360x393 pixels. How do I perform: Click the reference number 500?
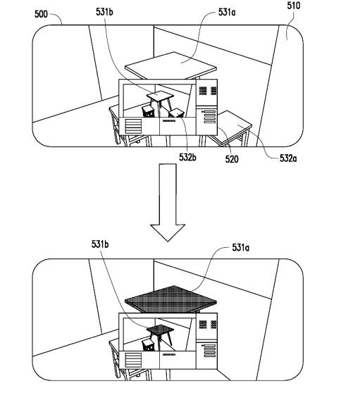coord(41,14)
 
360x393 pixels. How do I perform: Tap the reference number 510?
coord(294,6)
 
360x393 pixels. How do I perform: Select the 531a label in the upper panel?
coord(227,12)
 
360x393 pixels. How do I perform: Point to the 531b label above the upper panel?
coord(104,12)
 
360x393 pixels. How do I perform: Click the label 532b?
coord(187,157)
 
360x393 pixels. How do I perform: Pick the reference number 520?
coord(232,159)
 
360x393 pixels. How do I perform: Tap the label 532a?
coord(288,158)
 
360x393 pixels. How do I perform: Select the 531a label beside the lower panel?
coord(240,248)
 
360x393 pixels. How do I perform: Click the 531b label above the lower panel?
coord(100,244)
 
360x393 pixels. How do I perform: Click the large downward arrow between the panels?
coord(168,202)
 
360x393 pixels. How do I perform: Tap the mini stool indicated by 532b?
coord(177,113)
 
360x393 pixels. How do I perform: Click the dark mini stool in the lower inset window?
coord(149,344)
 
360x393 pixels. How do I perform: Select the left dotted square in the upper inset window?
coord(203,90)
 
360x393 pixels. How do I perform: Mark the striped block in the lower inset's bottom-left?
coord(133,360)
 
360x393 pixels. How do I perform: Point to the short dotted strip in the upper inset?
coord(169,121)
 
